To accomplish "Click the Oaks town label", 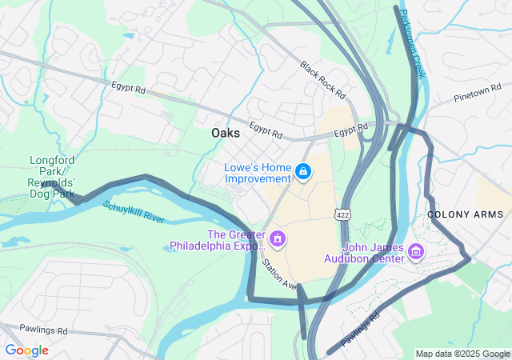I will click(x=226, y=134).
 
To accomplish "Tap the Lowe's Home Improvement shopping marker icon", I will click(x=303, y=172).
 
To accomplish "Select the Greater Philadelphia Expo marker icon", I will click(x=278, y=238).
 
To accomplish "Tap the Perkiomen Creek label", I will click(x=414, y=43).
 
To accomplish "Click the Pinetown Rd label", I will click(x=477, y=92).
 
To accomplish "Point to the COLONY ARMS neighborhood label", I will click(x=466, y=214).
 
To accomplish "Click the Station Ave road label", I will click(x=279, y=274).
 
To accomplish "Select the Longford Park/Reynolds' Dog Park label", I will click(x=52, y=177).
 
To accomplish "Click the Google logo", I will click(x=26, y=350).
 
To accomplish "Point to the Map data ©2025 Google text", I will click(x=462, y=354).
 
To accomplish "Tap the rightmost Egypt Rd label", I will click(x=350, y=130).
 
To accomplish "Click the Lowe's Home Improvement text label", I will click(x=258, y=172).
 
